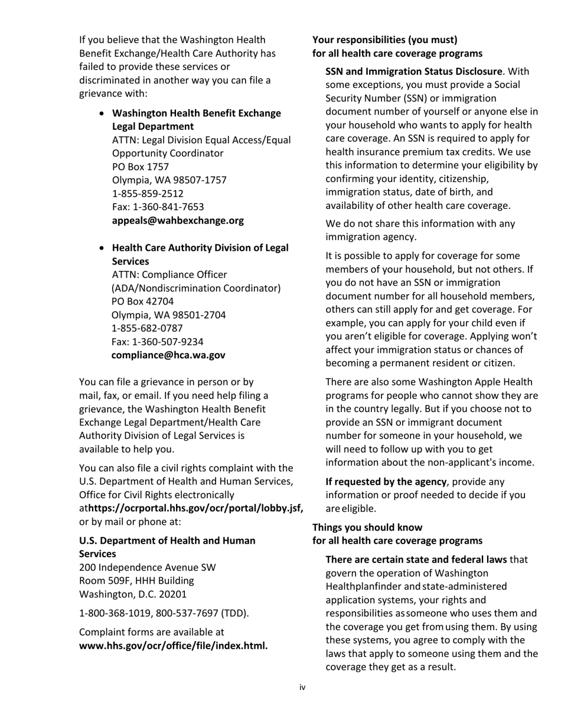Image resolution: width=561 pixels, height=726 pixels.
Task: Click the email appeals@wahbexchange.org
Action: coord(178,221)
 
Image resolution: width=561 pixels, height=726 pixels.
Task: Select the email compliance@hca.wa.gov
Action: coord(168,355)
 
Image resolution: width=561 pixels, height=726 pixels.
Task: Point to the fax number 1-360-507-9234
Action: coord(168,342)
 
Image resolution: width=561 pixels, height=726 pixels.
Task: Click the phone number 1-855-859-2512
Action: coord(148,194)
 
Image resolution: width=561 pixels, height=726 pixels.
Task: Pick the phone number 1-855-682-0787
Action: coord(147,328)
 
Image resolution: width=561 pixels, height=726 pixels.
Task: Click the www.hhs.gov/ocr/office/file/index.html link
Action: coord(174,646)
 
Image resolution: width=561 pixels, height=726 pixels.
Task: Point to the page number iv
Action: coord(302,687)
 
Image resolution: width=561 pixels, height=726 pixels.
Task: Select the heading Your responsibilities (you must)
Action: coord(385,40)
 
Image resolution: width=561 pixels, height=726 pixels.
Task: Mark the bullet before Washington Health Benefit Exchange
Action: coord(103,113)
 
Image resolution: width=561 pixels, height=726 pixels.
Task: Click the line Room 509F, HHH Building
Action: coord(136,581)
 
